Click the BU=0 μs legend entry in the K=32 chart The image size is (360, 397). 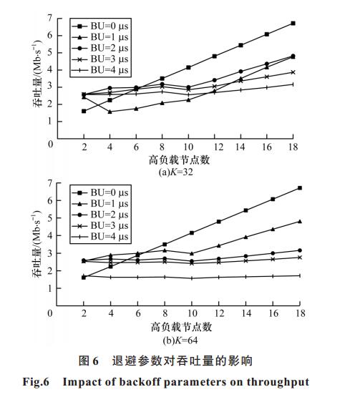(100, 26)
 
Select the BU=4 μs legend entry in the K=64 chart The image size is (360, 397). (100, 237)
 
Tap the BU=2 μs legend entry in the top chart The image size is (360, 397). (100, 48)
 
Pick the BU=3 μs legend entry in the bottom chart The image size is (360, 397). (100, 226)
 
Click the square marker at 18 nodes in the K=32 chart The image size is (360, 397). (293, 24)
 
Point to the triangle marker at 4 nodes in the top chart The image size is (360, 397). (110, 112)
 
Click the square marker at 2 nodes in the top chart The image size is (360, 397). (84, 111)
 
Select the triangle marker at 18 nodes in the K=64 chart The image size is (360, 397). (300, 222)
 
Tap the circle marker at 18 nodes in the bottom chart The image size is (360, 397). (300, 250)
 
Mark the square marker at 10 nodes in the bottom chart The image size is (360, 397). (192, 232)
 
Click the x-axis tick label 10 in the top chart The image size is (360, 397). (188, 147)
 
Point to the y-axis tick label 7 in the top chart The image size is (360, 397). (49, 18)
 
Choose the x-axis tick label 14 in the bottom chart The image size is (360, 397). (246, 314)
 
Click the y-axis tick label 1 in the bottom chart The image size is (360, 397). (50, 288)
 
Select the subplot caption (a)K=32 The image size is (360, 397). (175, 172)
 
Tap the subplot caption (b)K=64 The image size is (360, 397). (180, 340)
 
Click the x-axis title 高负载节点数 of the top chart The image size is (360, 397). (179, 160)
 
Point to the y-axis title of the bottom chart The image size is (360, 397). (37, 244)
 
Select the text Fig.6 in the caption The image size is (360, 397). (36, 381)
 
